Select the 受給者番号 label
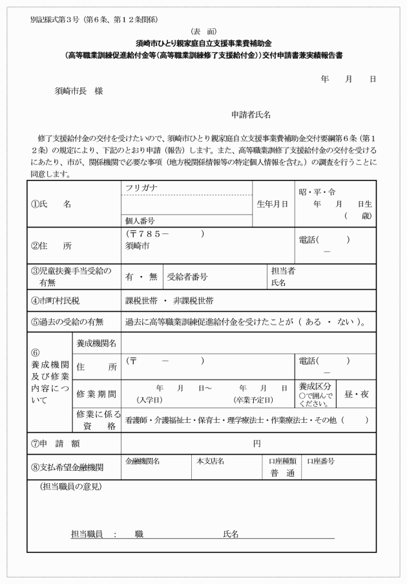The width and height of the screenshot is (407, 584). point(187,276)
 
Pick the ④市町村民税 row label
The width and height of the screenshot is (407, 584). point(56,301)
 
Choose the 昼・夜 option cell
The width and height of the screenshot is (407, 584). point(355,391)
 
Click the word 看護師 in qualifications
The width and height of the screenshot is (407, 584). point(137,419)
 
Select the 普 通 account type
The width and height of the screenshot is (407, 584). point(282,473)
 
